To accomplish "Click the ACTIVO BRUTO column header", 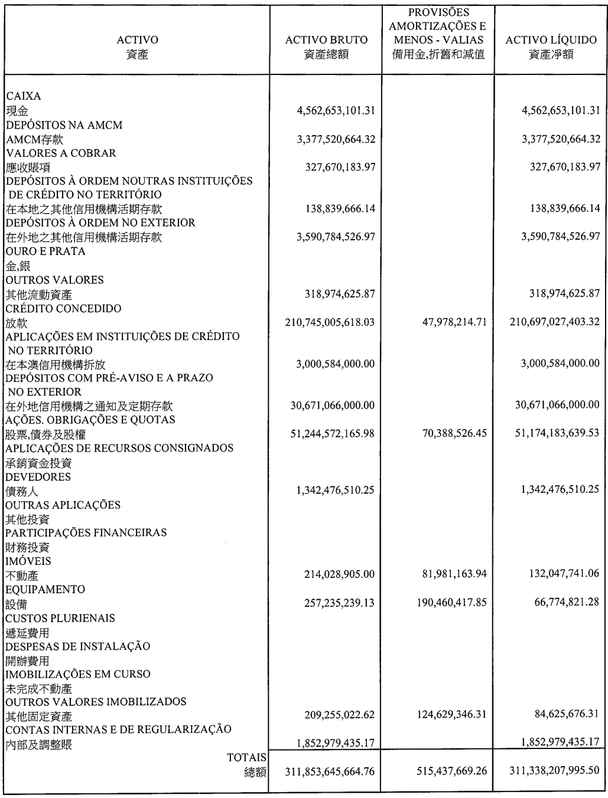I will pyautogui.click(x=326, y=40).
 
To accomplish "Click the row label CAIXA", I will pyautogui.click(x=23, y=96).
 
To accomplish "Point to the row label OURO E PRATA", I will pyautogui.click(x=45, y=251).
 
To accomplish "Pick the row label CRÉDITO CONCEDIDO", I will pyautogui.click(x=63, y=309).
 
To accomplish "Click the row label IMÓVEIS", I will pyautogui.click(x=28, y=561).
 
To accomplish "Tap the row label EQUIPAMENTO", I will pyautogui.click(x=45, y=590).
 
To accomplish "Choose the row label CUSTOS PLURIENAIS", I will pyautogui.click(x=60, y=618).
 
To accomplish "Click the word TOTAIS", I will pyautogui.click(x=246, y=757).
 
